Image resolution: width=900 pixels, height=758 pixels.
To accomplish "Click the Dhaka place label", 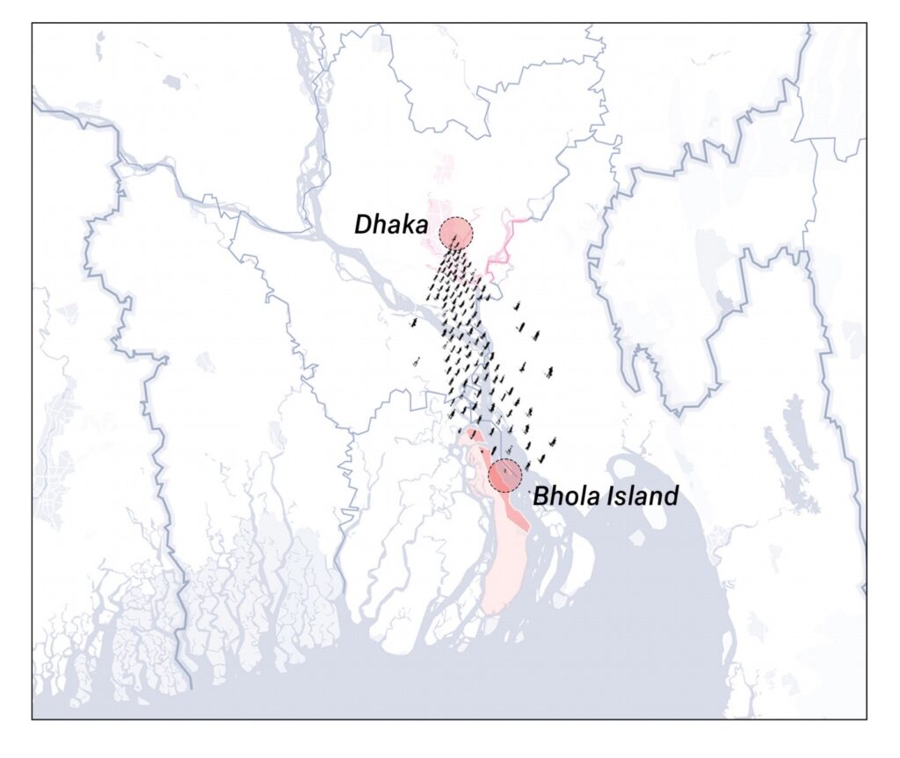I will (x=389, y=224).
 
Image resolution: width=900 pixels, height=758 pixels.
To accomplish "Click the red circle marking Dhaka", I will (x=456, y=233).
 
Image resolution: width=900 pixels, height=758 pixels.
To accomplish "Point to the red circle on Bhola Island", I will (x=505, y=475).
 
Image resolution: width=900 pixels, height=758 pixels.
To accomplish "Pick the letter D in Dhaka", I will (x=362, y=225).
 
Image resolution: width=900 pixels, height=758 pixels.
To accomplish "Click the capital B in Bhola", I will (x=540, y=497).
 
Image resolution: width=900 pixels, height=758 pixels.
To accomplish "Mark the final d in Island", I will (x=671, y=496).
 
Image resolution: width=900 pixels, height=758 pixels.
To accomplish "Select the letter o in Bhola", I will (x=568, y=498).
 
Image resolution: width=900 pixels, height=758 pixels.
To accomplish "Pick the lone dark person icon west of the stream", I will (x=412, y=324).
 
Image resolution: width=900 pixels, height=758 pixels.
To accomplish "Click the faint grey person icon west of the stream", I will (x=417, y=362).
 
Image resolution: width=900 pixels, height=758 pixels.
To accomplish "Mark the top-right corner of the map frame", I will (x=867, y=24).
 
